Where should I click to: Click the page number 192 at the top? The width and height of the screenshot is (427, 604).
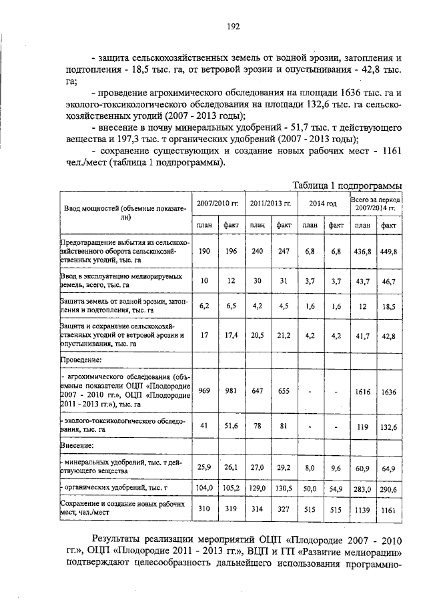click(233, 27)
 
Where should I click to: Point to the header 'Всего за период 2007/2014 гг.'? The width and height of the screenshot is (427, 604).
click(375, 204)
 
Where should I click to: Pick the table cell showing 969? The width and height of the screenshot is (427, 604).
click(204, 392)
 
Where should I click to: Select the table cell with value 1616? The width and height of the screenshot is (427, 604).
click(363, 392)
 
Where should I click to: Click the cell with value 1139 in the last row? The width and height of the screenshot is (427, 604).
click(363, 510)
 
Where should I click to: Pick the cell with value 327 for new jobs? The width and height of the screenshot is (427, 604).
click(284, 510)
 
